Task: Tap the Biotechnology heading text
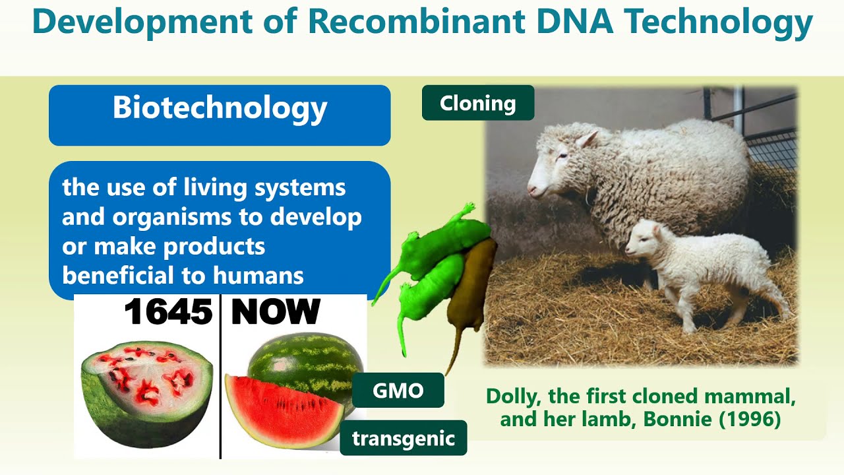tap(220, 108)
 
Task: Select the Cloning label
tap(477, 103)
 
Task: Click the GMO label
tap(398, 391)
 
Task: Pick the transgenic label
tap(404, 438)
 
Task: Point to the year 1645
tap(168, 312)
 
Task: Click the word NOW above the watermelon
tap(275, 312)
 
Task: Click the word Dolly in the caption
tap(512, 396)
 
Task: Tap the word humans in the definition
tap(266, 275)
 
